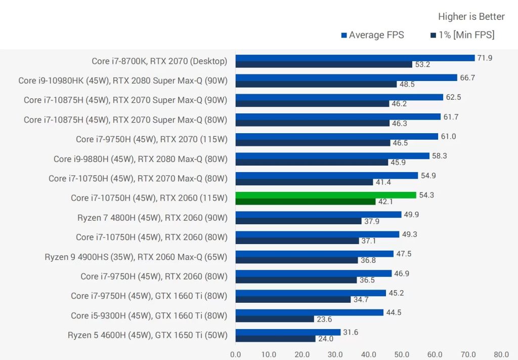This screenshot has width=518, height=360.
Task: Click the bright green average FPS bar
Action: pos(326,195)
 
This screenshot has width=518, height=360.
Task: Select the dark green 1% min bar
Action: pos(306,202)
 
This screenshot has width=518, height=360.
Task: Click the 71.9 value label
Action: pos(485,58)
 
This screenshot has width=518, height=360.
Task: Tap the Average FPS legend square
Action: pos(344,35)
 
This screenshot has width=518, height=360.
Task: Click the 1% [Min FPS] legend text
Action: pos(466,35)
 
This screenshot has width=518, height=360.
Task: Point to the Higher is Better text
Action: pos(471,17)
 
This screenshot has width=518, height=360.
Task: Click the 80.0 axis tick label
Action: pos(501,354)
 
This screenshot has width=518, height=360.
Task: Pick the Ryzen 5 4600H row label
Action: pos(147,335)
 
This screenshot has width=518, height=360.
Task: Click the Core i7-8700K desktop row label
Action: pos(159,61)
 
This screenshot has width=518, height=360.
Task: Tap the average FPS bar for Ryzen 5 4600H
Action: pos(288,332)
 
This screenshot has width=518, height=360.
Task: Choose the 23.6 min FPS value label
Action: pos(324,319)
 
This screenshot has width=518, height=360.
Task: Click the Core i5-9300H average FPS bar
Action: pos(309,312)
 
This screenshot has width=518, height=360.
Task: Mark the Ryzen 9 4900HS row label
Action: pos(136,257)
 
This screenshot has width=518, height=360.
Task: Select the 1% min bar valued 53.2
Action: pos(324,64)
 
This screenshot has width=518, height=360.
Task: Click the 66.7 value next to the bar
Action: pos(467,77)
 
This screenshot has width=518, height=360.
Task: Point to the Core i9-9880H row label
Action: pos(140,159)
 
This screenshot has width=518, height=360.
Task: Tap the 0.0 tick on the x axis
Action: pos(235,354)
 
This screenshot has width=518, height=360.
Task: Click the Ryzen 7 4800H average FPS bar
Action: pos(318,215)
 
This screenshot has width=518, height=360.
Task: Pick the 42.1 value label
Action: pos(385,202)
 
